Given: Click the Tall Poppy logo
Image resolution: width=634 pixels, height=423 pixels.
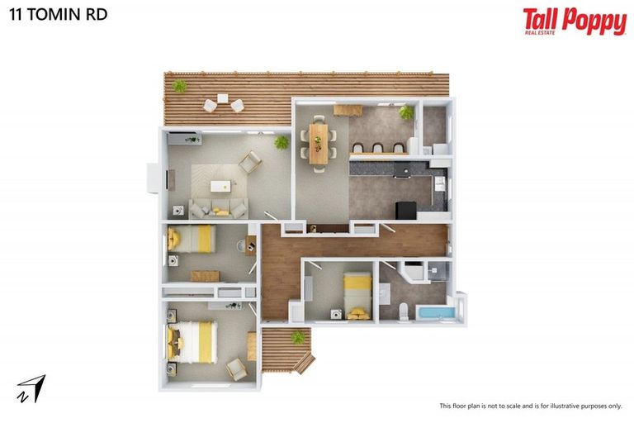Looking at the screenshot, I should pyautogui.click(x=574, y=21).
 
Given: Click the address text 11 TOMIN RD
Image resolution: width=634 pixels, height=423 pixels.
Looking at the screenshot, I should pyautogui.click(x=58, y=14).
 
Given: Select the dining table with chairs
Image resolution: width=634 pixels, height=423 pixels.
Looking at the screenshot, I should pyautogui.click(x=319, y=140).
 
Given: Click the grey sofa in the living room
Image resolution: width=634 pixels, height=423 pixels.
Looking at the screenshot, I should pyautogui.click(x=218, y=208).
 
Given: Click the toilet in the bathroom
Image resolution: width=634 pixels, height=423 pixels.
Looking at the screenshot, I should pyautogui.click(x=403, y=310).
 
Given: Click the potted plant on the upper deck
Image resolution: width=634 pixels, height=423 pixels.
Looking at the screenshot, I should pyautogui.click(x=179, y=85).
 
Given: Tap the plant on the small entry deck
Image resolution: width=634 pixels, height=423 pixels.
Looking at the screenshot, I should pyautogui.click(x=297, y=336).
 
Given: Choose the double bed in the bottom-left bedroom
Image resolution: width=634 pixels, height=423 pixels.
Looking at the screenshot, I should pyautogui.click(x=194, y=341).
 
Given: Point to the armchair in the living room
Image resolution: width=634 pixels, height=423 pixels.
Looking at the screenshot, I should pyautogui.click(x=250, y=164).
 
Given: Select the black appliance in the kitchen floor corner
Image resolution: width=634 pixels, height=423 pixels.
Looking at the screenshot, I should pyautogui.click(x=405, y=210).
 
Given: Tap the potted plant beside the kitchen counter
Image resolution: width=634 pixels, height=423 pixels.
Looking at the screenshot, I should pyautogui.click(x=405, y=112).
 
